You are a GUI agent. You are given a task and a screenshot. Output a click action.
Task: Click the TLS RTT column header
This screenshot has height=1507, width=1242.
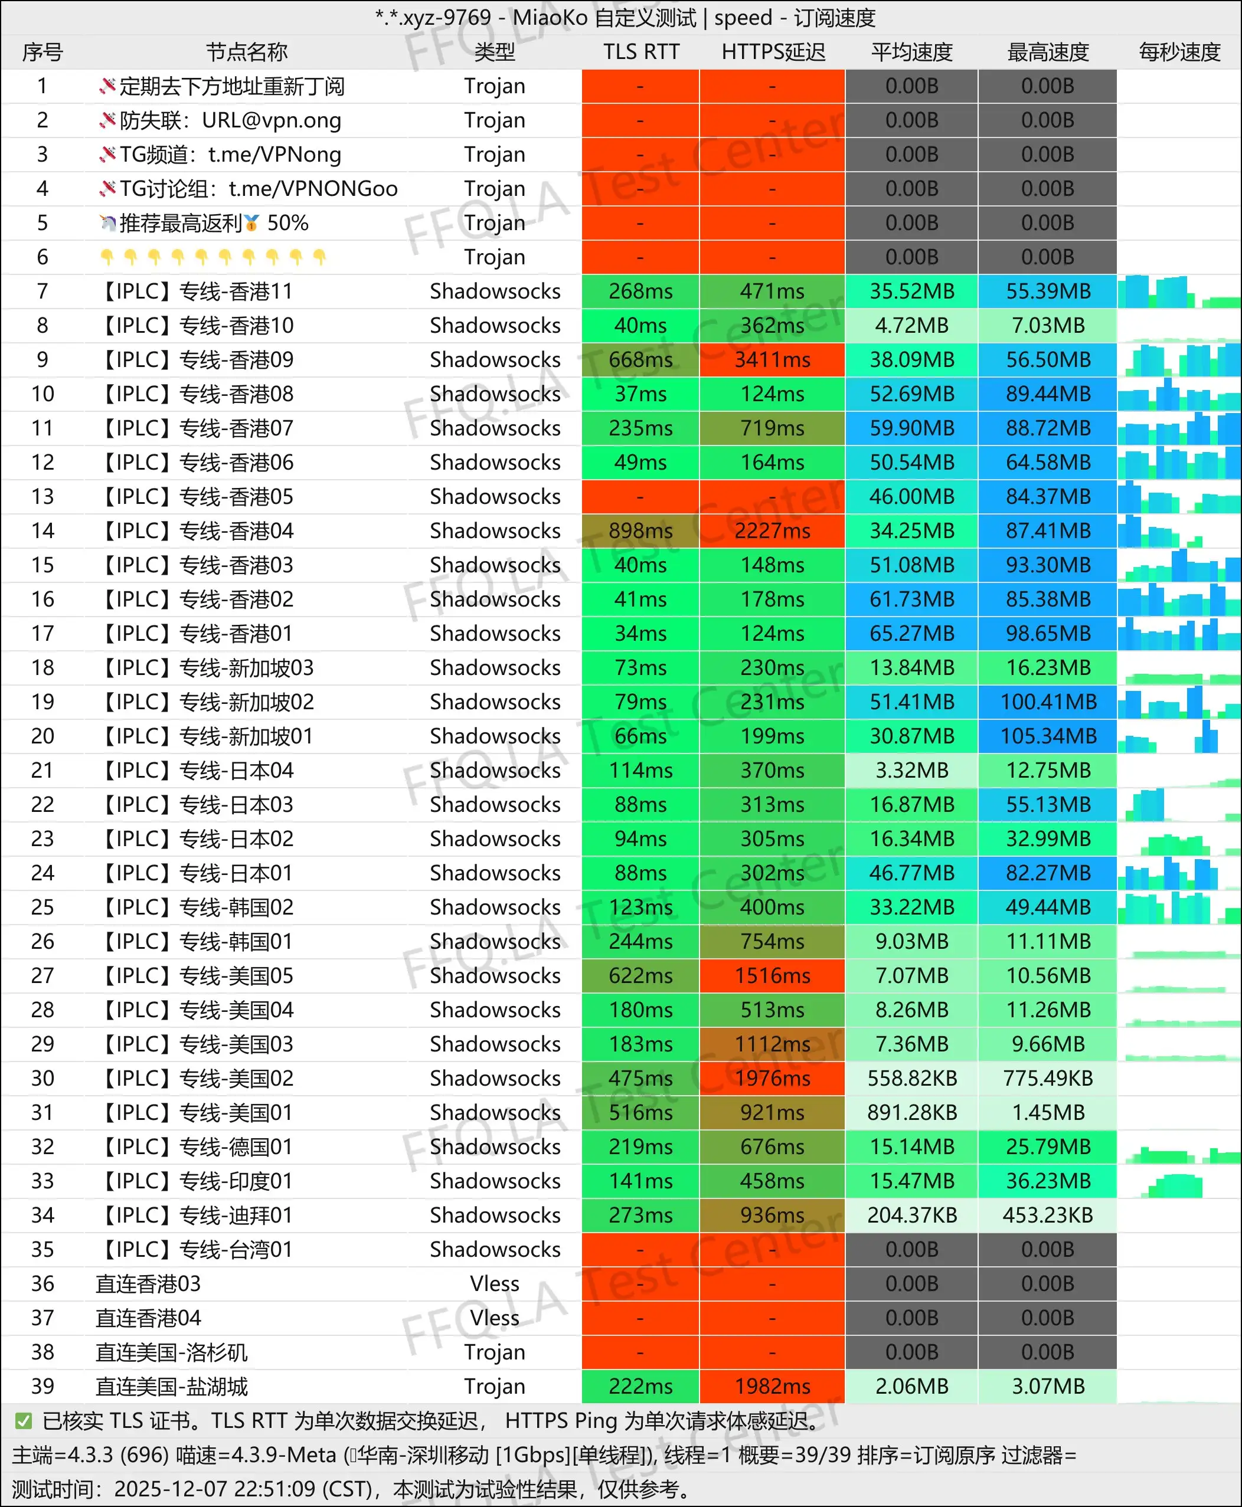pyautogui.click(x=640, y=52)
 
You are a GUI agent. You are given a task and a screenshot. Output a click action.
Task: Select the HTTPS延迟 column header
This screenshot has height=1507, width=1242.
pyautogui.click(x=773, y=52)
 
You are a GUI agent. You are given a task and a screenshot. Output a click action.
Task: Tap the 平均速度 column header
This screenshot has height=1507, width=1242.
pyautogui.click(x=911, y=52)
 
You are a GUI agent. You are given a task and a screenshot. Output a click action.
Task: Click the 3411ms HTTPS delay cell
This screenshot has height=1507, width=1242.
pyautogui.click(x=773, y=360)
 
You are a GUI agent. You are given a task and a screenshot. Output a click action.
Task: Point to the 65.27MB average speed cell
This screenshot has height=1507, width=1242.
pyautogui.click(x=911, y=634)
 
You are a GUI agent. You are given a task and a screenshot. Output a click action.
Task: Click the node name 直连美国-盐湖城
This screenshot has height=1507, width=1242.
pyautogui.click(x=172, y=1386)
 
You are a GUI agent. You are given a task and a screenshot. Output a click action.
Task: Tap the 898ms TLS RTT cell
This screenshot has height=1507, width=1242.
pyautogui.click(x=640, y=530)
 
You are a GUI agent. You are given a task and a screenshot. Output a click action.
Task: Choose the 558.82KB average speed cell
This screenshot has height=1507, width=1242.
pyautogui.click(x=911, y=1079)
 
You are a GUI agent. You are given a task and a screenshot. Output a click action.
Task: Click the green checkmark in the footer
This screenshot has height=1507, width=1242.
pyautogui.click(x=24, y=1420)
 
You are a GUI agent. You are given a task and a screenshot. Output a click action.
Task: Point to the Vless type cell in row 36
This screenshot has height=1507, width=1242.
pyautogui.click(x=494, y=1284)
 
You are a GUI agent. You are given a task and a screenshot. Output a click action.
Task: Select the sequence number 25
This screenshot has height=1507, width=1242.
pyautogui.click(x=43, y=908)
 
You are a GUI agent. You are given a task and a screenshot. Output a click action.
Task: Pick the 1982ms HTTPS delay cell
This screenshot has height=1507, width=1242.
pyautogui.click(x=773, y=1386)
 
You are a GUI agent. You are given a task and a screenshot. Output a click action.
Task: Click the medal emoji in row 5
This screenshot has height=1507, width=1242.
pyautogui.click(x=251, y=224)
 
